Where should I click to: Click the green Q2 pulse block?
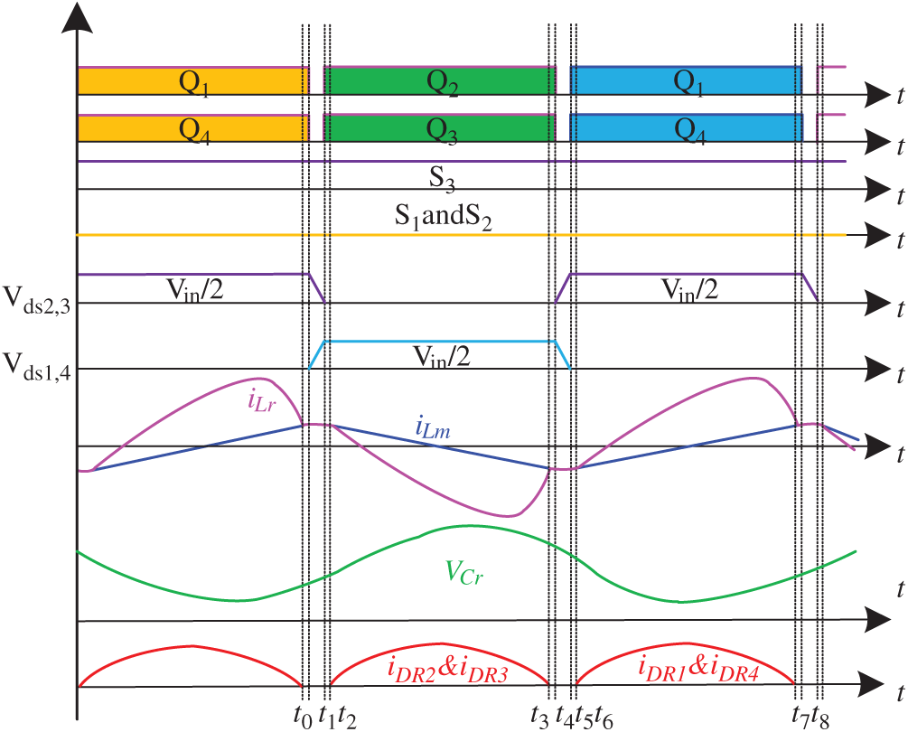click(440, 81)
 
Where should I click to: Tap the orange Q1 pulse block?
click(193, 81)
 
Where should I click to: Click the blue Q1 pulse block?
click(686, 81)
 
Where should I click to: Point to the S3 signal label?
click(442, 176)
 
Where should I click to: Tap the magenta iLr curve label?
click(261, 400)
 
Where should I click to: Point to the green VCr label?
click(463, 573)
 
